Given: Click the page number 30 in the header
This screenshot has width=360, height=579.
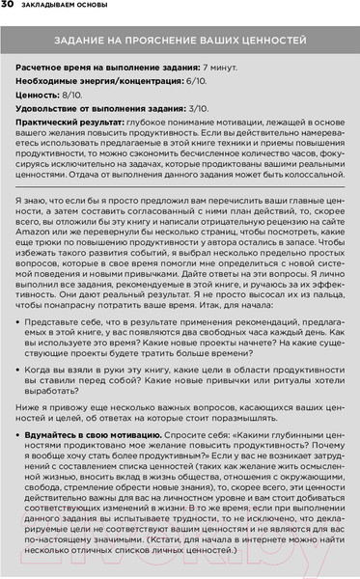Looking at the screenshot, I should point(8,9).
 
